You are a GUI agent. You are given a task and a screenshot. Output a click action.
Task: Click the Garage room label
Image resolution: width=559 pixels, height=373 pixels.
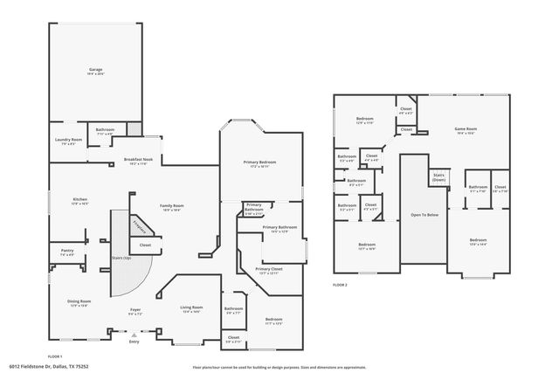pyautogui.click(x=95, y=69)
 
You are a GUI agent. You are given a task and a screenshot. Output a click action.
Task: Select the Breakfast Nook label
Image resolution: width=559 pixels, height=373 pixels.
pyautogui.click(x=138, y=160)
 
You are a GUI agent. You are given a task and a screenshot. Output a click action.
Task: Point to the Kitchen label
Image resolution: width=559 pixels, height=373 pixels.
pyautogui.click(x=79, y=200)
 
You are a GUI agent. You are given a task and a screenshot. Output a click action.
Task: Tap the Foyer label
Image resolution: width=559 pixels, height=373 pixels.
pyautogui.click(x=135, y=310)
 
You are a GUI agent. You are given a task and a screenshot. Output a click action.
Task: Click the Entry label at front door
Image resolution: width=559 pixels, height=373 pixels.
pyautogui.click(x=134, y=342)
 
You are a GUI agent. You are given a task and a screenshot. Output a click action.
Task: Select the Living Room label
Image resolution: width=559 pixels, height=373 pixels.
pyautogui.click(x=191, y=307)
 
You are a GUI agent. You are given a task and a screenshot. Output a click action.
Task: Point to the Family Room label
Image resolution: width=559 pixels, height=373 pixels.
pyautogui.click(x=172, y=206)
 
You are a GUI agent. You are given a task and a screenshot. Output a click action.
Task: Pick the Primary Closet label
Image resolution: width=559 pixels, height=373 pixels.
pyautogui.click(x=268, y=269)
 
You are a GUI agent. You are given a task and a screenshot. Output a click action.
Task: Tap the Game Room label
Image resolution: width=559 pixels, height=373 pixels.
pyautogui.click(x=465, y=129)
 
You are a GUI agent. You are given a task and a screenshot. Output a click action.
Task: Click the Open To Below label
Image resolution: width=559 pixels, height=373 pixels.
pyautogui.click(x=423, y=214)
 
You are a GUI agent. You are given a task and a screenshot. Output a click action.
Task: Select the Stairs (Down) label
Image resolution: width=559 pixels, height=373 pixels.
pyautogui.click(x=438, y=176)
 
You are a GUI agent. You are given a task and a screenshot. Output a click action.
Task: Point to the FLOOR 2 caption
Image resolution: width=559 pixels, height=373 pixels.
pyautogui.click(x=340, y=285)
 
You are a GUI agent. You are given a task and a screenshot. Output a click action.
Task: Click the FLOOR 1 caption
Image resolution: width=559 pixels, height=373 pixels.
pyautogui.click(x=55, y=356)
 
